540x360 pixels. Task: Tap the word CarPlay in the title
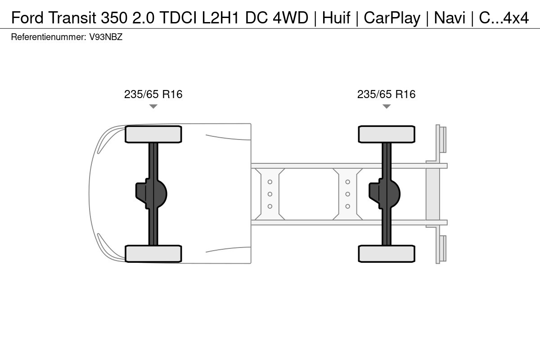pyautogui.click(x=392, y=18)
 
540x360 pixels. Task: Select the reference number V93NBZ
pyautogui.click(x=106, y=37)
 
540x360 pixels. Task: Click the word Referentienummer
pyautogui.click(x=49, y=37)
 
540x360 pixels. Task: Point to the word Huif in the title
pyautogui.click(x=336, y=18)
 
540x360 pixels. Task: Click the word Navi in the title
pyautogui.click(x=450, y=18)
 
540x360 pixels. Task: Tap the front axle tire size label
pyautogui.click(x=153, y=94)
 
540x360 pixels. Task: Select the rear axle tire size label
pyautogui.click(x=387, y=94)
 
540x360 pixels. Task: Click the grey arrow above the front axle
pyautogui.click(x=153, y=106)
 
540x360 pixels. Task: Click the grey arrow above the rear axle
pyautogui.click(x=387, y=106)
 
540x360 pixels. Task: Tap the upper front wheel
pyautogui.click(x=153, y=134)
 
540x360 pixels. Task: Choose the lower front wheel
pyautogui.click(x=153, y=254)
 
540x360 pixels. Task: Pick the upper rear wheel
pyautogui.click(x=387, y=134)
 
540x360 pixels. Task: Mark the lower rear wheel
pyautogui.click(x=387, y=254)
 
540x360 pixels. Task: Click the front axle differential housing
pyautogui.click(x=151, y=194)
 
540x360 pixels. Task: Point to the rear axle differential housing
pyautogui.click(x=384, y=194)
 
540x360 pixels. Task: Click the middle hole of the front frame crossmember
pyautogui.click(x=270, y=194)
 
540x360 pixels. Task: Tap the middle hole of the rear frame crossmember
pyautogui.click(x=347, y=194)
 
